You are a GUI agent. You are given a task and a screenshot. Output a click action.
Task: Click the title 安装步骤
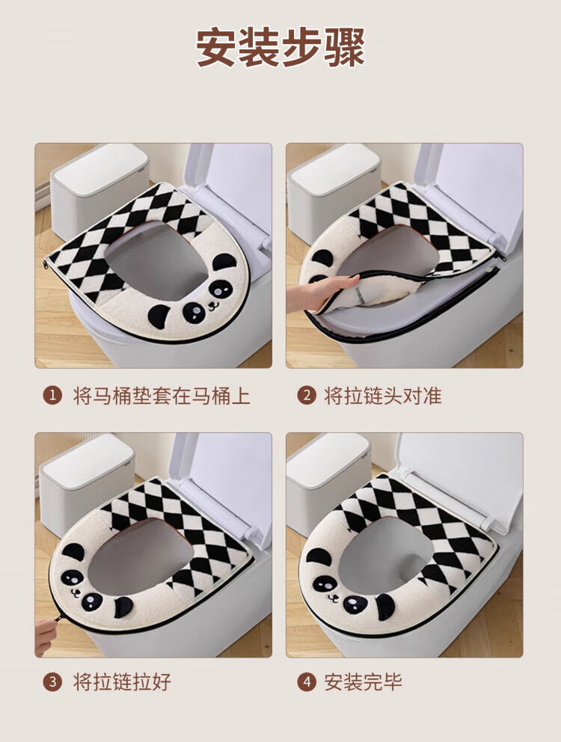280,47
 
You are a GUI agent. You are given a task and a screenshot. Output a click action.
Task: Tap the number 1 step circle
52,395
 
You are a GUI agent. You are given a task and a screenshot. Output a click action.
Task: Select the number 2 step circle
307,395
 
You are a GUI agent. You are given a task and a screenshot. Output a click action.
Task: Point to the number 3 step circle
52,682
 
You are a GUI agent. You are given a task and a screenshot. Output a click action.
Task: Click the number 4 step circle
307,682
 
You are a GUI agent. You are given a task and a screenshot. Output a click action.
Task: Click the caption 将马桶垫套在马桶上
162,396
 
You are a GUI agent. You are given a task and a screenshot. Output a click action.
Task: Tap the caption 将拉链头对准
382,396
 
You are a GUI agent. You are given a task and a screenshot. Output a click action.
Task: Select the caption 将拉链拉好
122,682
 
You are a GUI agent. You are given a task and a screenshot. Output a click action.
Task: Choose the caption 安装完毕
363,682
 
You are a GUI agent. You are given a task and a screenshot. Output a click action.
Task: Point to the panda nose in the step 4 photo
334,597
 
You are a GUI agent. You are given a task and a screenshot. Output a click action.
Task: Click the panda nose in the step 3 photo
75,591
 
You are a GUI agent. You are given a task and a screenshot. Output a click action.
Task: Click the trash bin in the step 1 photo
99,189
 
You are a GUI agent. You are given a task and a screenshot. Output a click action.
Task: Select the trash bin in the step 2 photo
334,189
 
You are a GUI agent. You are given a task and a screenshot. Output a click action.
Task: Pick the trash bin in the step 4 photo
328,484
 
